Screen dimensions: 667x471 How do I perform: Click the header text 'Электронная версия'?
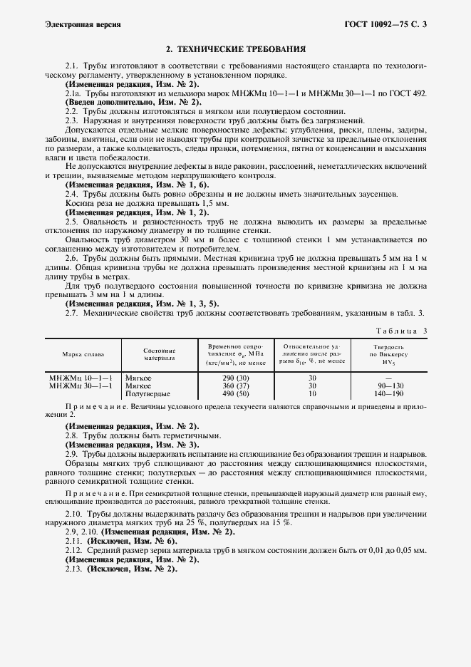pyautogui.click(x=83, y=24)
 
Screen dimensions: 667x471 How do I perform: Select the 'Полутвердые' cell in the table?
pyautogui.click(x=147, y=394)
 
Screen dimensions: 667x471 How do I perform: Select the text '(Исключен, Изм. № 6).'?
pyautogui.click(x=131, y=542)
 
